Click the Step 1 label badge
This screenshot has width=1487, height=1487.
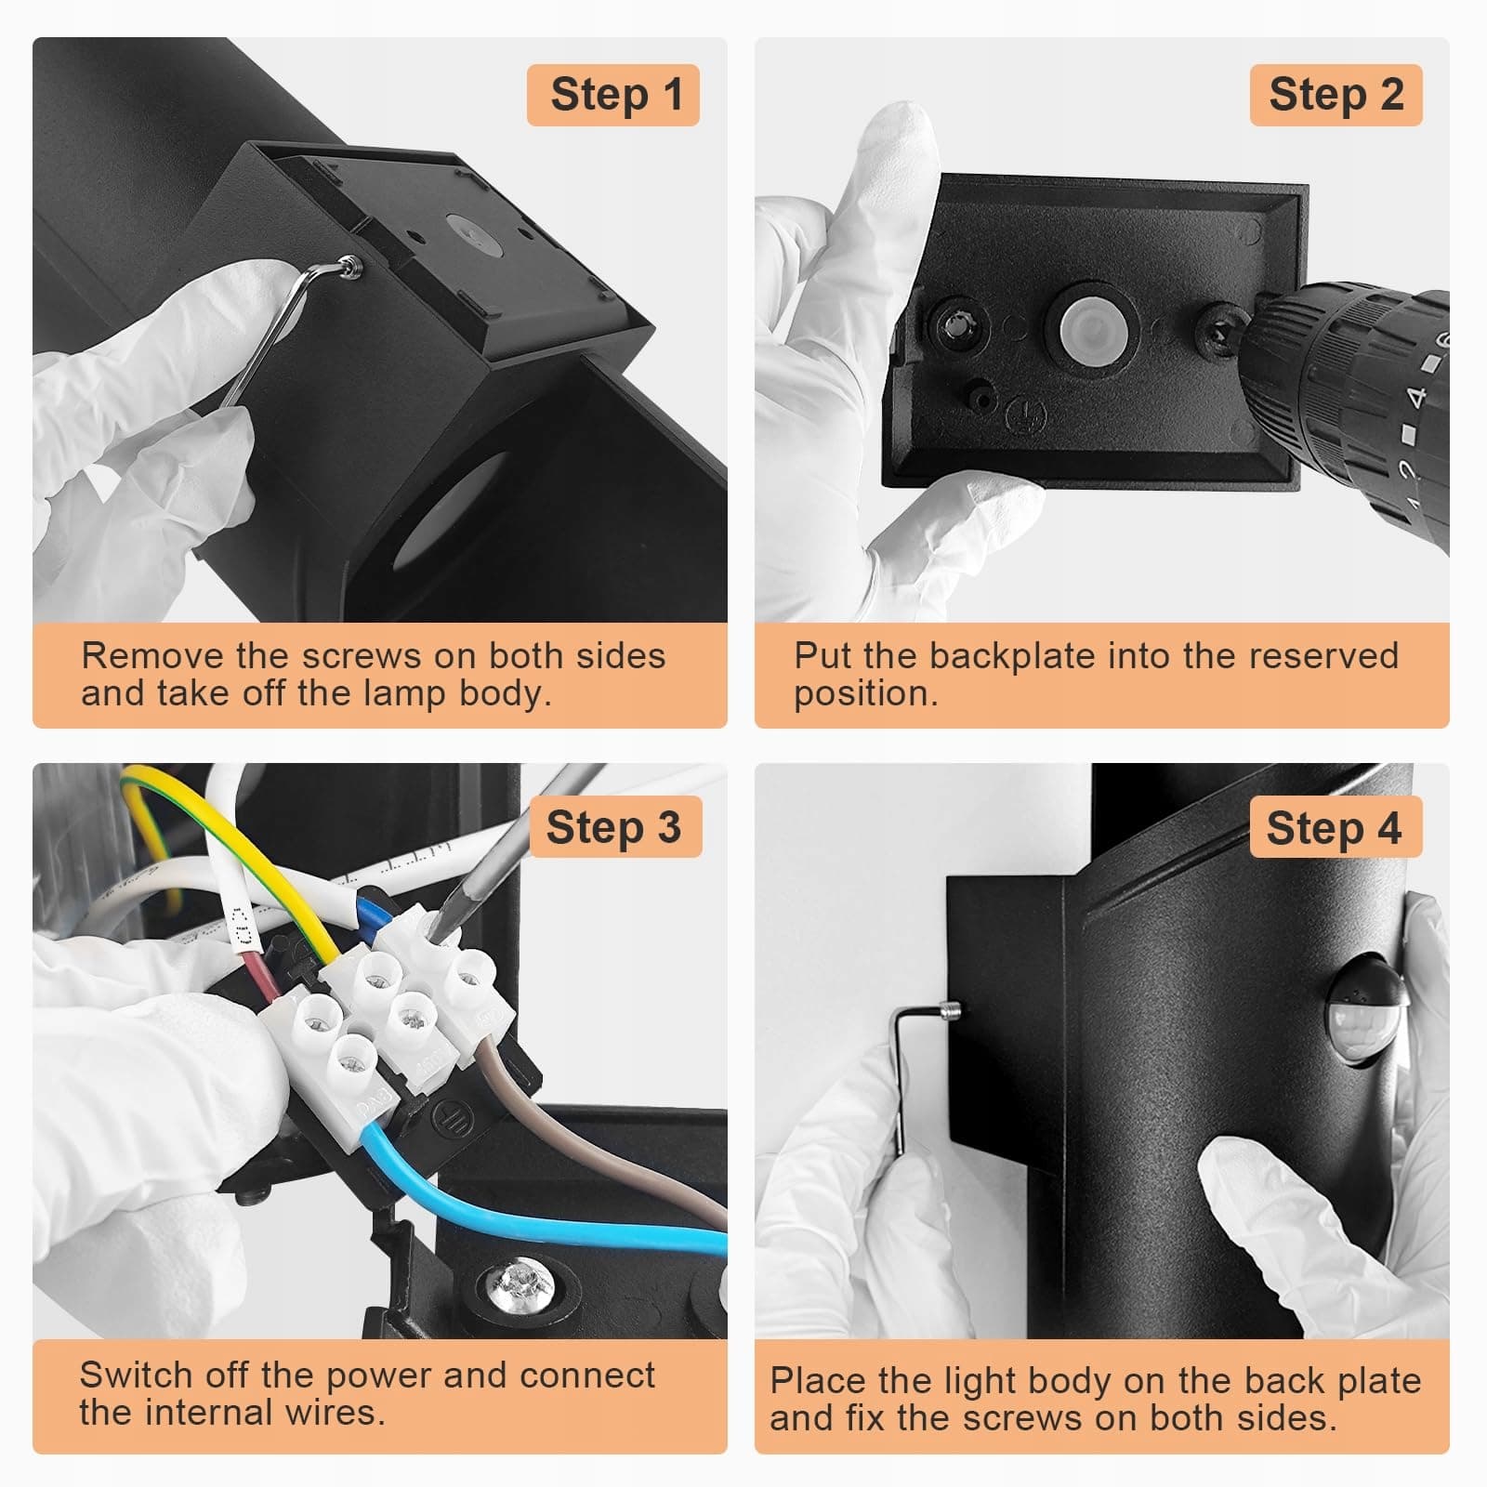[612, 95]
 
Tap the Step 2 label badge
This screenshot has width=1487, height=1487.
[1336, 95]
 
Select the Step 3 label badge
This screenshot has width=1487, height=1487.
[614, 827]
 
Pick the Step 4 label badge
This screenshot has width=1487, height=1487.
[1335, 827]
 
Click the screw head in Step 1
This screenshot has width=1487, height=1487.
[351, 267]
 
